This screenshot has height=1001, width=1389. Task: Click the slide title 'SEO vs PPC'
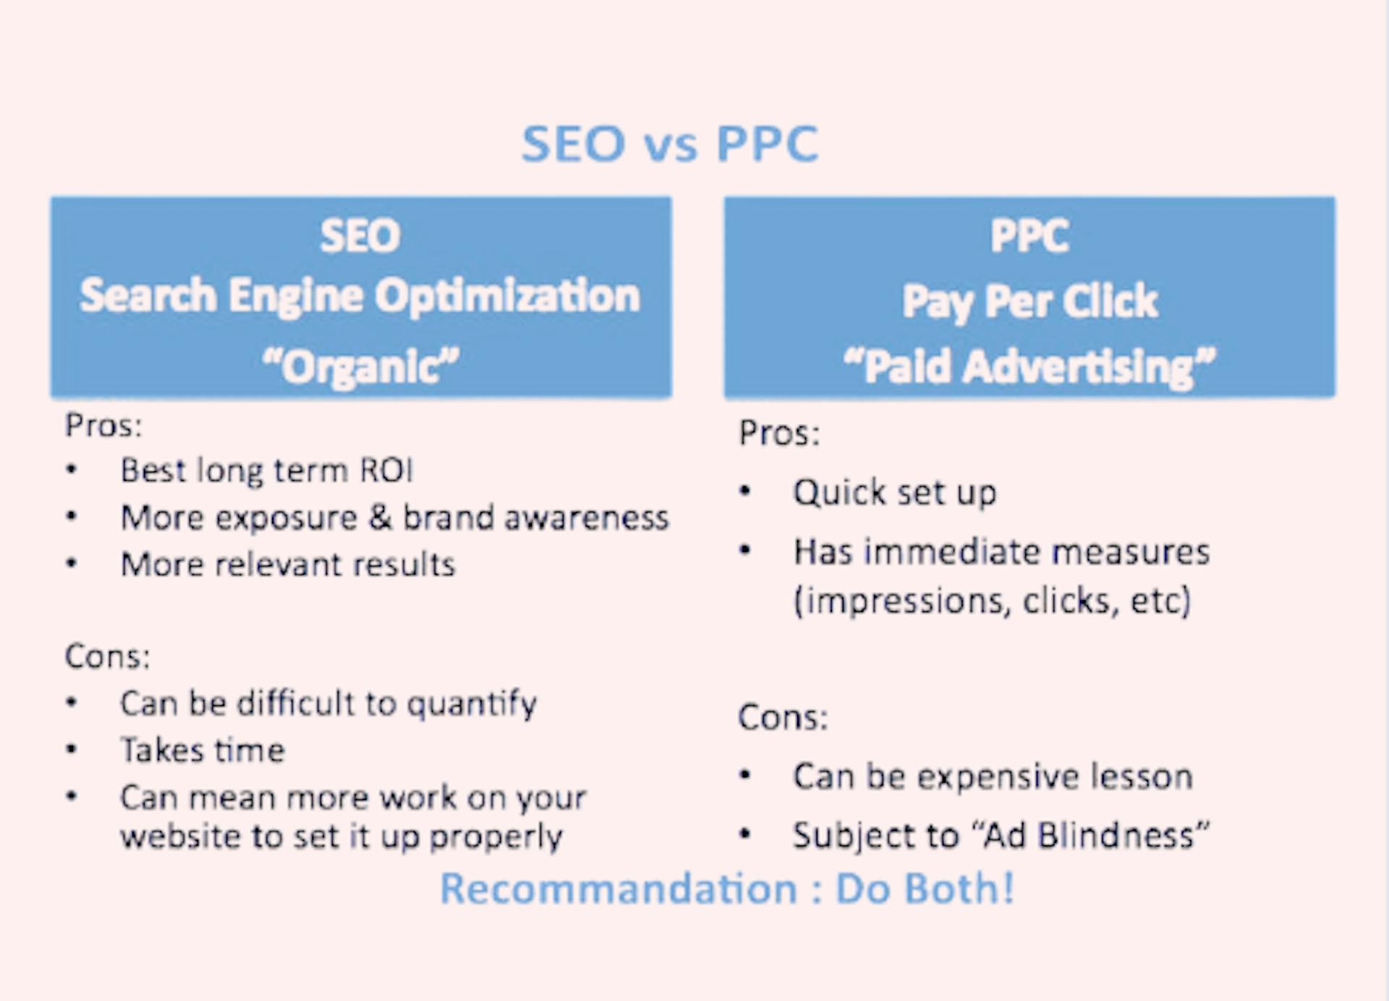pyautogui.click(x=670, y=143)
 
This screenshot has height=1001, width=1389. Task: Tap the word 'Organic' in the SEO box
pyautogui.click(x=361, y=367)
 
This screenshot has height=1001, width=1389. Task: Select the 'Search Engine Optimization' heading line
pyautogui.click(x=360, y=297)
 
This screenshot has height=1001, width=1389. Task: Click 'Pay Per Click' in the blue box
pyautogui.click(x=1029, y=302)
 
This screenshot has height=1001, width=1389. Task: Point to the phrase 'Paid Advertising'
pyautogui.click(x=1029, y=366)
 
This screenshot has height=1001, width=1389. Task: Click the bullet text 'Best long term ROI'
pyautogui.click(x=267, y=471)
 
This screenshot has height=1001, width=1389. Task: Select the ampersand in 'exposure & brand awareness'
pyautogui.click(x=381, y=518)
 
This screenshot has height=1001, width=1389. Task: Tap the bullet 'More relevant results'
pyautogui.click(x=288, y=564)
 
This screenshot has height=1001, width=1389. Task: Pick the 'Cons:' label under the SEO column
pyautogui.click(x=108, y=657)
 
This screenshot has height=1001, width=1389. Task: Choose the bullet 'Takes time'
pyautogui.click(x=203, y=750)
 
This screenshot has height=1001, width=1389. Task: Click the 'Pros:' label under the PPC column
pyautogui.click(x=779, y=433)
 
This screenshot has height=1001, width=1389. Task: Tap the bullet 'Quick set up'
pyautogui.click(x=895, y=493)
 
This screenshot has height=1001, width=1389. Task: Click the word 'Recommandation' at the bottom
pyautogui.click(x=619, y=888)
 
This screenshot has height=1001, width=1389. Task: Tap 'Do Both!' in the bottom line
pyautogui.click(x=925, y=888)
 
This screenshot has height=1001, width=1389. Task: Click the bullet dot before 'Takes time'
pyautogui.click(x=71, y=749)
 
